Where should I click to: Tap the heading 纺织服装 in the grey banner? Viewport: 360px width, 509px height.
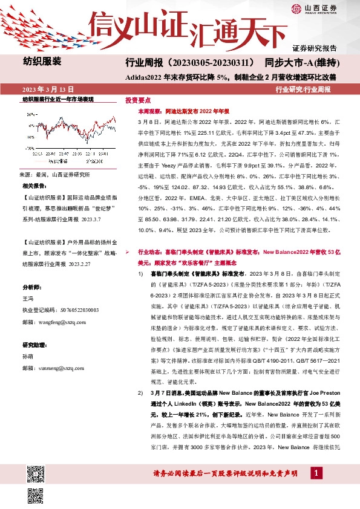(42, 62)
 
